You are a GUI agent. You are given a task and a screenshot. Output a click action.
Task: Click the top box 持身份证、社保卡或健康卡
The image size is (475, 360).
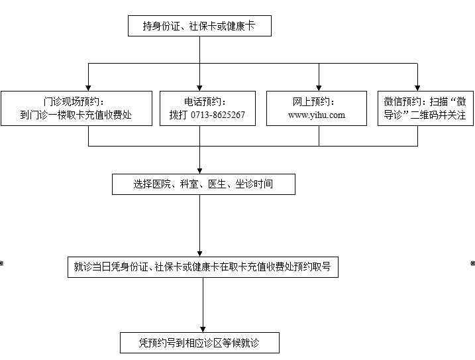[199, 26]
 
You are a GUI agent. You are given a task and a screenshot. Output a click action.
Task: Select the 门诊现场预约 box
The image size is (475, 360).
[76, 108]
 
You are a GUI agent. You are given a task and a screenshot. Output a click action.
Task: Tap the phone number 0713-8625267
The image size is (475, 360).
[218, 115]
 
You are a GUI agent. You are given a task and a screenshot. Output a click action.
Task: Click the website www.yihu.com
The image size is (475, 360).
[317, 115]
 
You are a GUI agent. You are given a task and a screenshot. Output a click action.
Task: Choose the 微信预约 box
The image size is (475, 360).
[425, 108]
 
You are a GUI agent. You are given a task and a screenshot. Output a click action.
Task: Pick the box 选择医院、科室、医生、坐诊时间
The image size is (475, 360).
[203, 184]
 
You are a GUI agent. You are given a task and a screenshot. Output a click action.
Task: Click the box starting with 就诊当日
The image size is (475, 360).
[203, 267]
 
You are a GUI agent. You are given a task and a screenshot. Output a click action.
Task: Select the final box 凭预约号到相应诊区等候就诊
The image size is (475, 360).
[199, 343]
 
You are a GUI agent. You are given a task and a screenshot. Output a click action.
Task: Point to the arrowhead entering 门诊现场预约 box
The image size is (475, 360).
[88, 88]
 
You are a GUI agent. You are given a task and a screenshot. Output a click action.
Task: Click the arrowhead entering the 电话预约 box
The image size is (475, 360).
[199, 88]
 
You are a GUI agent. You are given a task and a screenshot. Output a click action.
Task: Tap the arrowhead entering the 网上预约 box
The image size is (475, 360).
[319, 88]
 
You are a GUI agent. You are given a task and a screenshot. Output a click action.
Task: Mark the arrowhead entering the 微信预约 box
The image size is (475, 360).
[417, 88]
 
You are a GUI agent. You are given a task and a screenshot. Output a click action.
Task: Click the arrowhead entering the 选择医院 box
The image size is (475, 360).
[199, 171]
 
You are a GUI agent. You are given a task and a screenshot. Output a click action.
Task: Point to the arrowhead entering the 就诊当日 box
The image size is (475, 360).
[199, 254]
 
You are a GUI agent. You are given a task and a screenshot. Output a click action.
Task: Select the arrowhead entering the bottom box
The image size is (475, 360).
[203, 330]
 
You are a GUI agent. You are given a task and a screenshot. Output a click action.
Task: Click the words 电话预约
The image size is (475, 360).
[202, 102]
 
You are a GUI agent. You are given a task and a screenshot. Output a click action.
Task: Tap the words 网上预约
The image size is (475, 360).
[311, 102]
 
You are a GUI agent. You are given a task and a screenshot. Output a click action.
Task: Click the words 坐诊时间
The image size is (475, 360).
[254, 184]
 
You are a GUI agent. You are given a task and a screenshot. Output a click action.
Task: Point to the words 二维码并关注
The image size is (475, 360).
[438, 115]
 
